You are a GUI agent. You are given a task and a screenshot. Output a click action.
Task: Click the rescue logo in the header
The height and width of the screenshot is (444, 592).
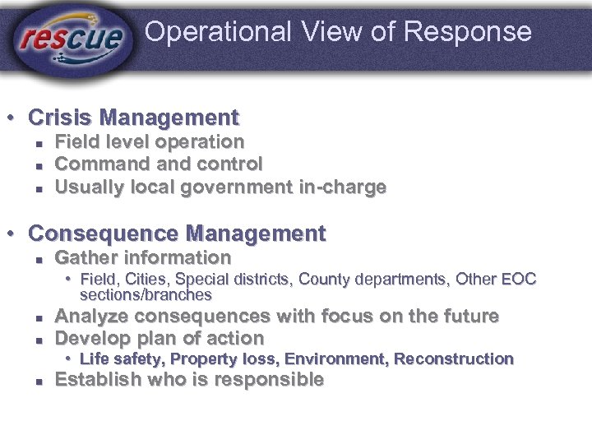(72, 36)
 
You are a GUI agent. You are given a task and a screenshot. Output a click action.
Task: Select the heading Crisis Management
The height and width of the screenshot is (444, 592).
(133, 118)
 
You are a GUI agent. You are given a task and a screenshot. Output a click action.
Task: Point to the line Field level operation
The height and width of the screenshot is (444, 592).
(149, 142)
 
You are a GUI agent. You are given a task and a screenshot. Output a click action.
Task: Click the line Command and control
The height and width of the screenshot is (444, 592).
(158, 164)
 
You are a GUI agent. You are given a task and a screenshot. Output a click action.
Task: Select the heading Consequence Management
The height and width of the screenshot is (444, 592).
(177, 234)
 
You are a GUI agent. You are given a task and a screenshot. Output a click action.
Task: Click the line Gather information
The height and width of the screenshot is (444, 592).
(142, 257)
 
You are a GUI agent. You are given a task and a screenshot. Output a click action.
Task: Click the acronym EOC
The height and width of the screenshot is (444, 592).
(520, 280)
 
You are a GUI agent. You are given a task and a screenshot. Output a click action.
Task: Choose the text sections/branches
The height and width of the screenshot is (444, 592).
(146, 294)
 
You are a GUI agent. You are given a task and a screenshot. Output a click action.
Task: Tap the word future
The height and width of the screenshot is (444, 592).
(469, 317)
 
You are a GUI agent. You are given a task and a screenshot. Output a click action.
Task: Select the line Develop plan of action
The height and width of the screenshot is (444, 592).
(159, 338)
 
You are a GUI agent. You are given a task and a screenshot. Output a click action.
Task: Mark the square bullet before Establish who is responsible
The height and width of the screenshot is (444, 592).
(39, 381)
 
